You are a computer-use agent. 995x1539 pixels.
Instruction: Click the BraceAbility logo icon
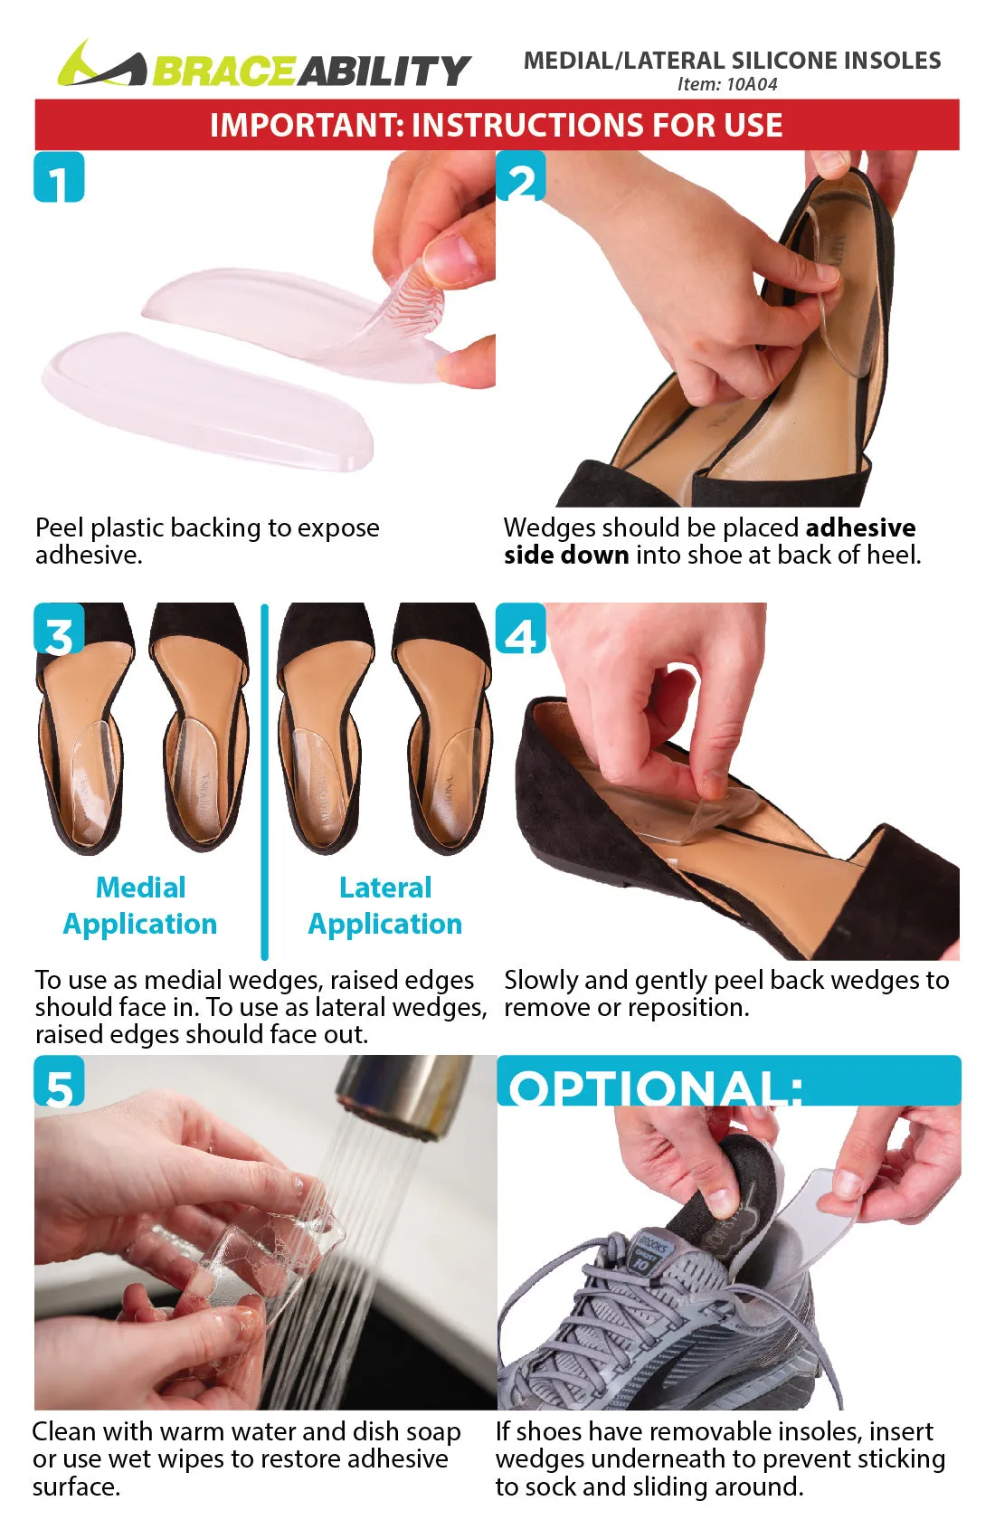[x=99, y=65]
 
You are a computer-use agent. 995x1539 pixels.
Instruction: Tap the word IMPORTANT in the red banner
[x=306, y=125]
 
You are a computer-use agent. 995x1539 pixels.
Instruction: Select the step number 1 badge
[x=59, y=177]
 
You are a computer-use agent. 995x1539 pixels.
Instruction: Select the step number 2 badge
[x=521, y=177]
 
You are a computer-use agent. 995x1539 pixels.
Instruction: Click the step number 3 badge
[x=59, y=631]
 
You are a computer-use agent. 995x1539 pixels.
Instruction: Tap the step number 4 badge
[x=521, y=631]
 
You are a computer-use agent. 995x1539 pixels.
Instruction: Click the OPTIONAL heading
[x=655, y=1086]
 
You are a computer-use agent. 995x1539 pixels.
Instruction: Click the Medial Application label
[x=140, y=906]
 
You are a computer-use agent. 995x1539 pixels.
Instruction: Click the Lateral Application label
[x=385, y=906]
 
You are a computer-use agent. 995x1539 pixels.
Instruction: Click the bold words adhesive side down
[x=710, y=541]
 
